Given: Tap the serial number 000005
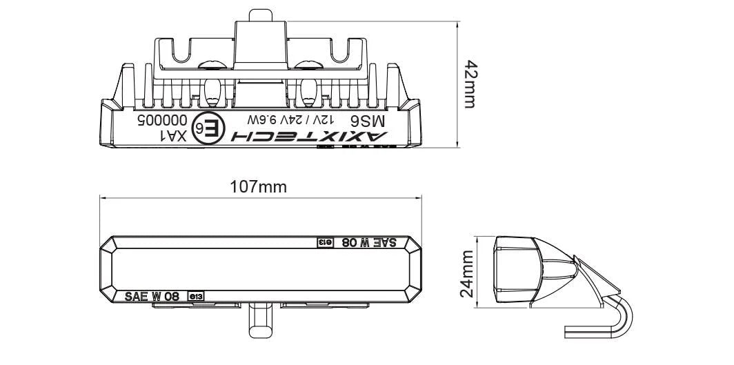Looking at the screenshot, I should click(157, 119).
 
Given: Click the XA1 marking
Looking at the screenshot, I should click(173, 135).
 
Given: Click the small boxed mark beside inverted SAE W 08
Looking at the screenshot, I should click(324, 242).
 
